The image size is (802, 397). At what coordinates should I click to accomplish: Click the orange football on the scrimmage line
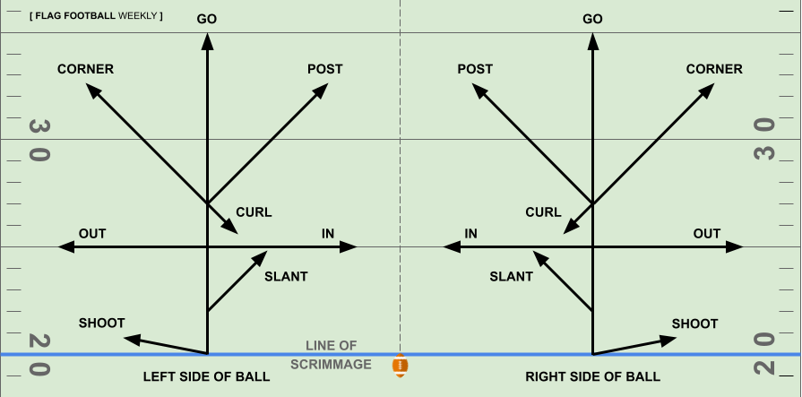pyautogui.click(x=400, y=366)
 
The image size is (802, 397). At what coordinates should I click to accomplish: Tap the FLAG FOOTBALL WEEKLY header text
pyautogui.click(x=96, y=16)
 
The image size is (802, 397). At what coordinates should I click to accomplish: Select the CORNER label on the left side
pyautogui.click(x=85, y=69)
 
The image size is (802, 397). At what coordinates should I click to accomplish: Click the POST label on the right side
pyautogui.click(x=475, y=69)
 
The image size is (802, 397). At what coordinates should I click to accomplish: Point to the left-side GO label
pyautogui.click(x=207, y=19)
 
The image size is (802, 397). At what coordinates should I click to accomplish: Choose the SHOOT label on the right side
pyautogui.click(x=694, y=324)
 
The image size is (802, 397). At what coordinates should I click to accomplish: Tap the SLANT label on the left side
pyautogui.click(x=286, y=277)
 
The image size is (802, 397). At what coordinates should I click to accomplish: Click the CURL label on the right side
pyautogui.click(x=543, y=212)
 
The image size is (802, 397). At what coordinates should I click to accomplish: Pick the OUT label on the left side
pyautogui.click(x=92, y=234)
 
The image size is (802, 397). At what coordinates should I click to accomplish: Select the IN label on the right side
pyautogui.click(x=470, y=234)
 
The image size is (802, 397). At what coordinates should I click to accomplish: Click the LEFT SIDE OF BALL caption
pyautogui.click(x=206, y=377)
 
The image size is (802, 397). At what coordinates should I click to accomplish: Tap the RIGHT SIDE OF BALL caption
pyautogui.click(x=592, y=377)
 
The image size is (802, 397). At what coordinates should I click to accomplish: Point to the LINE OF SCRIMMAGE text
pyautogui.click(x=331, y=355)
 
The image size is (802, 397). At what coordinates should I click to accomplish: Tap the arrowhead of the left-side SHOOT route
pyautogui.click(x=131, y=338)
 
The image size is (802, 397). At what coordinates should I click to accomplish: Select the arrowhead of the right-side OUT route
pyautogui.click(x=735, y=246)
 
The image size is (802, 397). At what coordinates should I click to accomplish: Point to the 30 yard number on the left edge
pyautogui.click(x=39, y=139)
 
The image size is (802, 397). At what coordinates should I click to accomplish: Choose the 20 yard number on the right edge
pyautogui.click(x=763, y=353)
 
